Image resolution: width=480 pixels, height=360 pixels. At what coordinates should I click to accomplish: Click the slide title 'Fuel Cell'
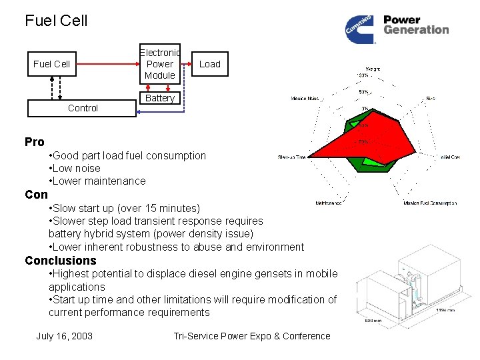56,21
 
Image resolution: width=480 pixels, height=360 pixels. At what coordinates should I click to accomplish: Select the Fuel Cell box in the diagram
51,64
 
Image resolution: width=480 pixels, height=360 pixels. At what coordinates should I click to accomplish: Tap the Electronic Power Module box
160,64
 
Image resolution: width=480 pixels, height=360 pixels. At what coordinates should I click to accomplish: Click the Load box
209,64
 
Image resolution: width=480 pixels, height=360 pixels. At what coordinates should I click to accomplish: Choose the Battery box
160,98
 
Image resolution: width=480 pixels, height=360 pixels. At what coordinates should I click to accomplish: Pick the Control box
82,108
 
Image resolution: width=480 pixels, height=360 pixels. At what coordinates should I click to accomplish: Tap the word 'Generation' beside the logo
416,30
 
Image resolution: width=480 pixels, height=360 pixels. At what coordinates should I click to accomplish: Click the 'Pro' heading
35,142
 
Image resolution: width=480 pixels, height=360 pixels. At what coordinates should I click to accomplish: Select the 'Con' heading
36,195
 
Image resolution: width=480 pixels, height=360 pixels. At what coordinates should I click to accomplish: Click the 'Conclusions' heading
61,261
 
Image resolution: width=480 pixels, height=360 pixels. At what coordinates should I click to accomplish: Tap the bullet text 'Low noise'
77,168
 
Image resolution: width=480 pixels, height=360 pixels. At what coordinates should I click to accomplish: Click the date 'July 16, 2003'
64,336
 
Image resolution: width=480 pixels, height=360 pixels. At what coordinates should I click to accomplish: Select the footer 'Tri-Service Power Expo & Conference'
251,336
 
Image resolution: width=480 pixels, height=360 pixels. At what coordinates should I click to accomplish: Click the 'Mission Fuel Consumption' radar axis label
430,203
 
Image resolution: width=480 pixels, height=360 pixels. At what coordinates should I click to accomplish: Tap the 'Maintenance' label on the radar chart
329,203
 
